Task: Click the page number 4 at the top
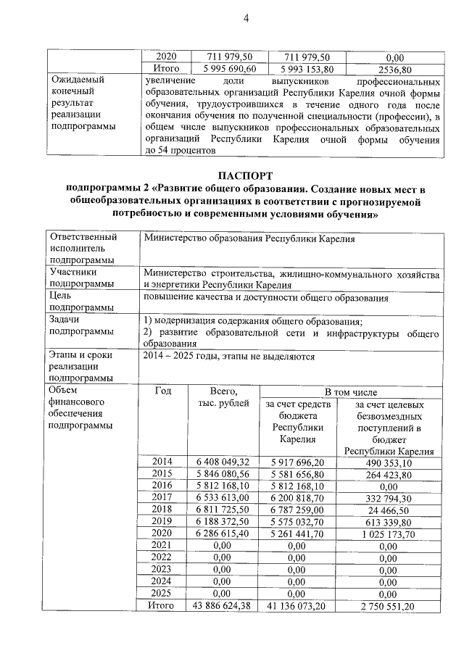click(246, 17)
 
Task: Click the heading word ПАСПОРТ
click(246, 175)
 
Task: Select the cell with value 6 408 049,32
click(223, 462)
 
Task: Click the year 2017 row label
click(162, 498)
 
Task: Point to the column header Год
click(163, 391)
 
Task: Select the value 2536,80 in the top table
click(396, 70)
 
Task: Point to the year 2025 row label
click(162, 593)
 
